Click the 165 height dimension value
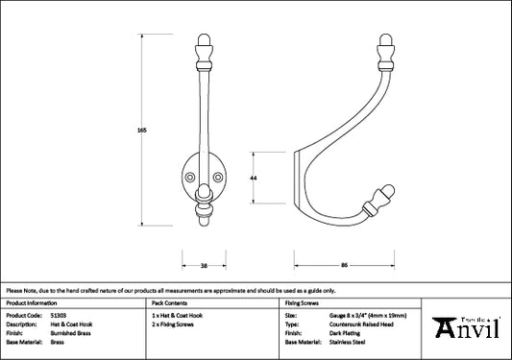click(x=142, y=130)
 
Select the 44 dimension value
click(x=253, y=178)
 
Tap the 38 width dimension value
click(x=204, y=266)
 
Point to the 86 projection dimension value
click(x=344, y=265)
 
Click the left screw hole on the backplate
click(x=189, y=178)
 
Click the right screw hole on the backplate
click(x=218, y=178)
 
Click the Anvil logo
click(x=466, y=327)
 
